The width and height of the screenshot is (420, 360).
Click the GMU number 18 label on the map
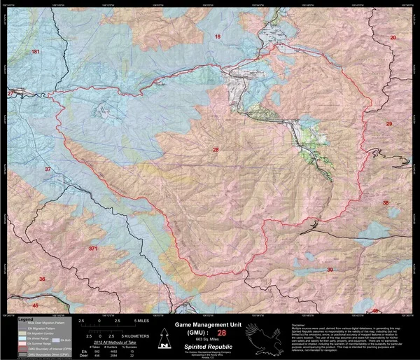(217, 36)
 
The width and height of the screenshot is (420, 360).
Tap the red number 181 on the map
(36, 53)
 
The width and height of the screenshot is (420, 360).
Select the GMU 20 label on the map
(393, 37)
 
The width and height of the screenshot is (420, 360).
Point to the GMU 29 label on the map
(389, 124)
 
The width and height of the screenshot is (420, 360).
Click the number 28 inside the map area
(216, 150)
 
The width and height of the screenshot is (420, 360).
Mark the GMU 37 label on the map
(48, 169)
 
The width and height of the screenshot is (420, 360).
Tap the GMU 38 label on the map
(385, 202)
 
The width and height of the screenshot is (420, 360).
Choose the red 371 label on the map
(93, 249)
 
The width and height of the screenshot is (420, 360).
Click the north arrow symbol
(163, 340)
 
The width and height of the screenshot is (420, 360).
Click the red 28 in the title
(223, 333)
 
